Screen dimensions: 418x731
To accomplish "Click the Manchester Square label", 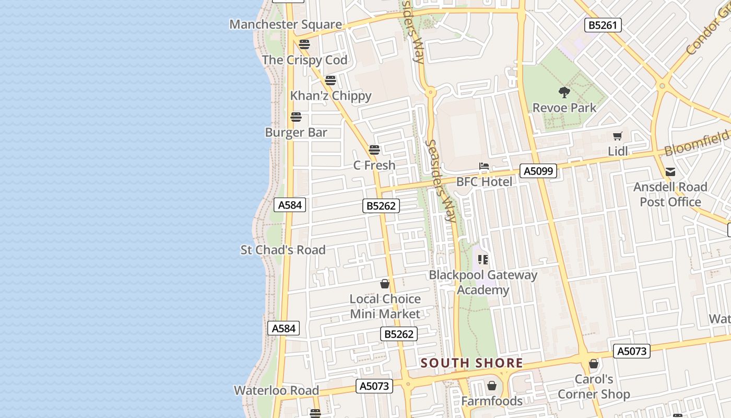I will pos(286,25).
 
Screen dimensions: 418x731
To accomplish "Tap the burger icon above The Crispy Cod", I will pos(304,44).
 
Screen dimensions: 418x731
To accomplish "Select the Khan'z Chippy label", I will pos(331,96).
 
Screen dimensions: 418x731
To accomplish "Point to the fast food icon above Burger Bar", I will pos(296,117).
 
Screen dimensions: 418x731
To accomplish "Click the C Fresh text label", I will pos(374,165).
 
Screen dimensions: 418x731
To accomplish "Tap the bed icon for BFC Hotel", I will pos(484,167).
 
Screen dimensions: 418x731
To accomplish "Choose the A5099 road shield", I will pos(538,171).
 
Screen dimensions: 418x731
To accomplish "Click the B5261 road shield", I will pos(603,25).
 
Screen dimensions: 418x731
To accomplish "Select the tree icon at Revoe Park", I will pos(564,92).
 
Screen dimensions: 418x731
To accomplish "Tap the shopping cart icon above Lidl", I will pos(618,136).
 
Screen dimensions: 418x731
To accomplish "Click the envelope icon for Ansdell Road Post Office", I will pos(670,172).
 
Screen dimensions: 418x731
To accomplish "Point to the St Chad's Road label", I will pos(283,250).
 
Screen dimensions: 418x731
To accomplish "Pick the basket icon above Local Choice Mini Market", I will pos(385,284).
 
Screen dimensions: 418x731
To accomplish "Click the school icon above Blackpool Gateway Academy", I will pos(483,260).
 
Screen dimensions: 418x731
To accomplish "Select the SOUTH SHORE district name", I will pos(471,363).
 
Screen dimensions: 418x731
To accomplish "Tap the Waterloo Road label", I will pos(276,390).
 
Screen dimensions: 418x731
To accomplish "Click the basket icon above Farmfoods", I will pos(491,386).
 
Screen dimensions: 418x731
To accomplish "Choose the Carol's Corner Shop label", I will pos(594,387).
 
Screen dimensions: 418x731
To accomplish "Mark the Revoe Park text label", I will pos(564,108).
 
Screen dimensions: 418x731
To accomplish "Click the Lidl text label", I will pos(618,152).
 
